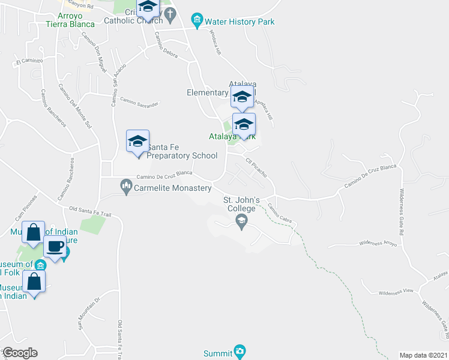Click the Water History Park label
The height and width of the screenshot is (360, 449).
point(240,22)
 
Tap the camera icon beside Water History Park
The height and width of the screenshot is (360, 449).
point(196,19)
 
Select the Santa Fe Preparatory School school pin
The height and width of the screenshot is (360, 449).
point(137,143)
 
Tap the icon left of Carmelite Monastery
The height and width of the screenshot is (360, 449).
point(126,187)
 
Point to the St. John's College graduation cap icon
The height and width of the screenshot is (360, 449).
point(241,223)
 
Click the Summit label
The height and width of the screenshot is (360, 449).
point(217,350)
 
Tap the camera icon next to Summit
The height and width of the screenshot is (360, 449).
point(240,350)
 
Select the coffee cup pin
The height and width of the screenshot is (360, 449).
point(55,247)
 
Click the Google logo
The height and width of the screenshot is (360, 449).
point(20,353)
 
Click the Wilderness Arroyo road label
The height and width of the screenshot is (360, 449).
point(378,243)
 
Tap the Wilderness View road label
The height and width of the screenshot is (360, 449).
point(396,292)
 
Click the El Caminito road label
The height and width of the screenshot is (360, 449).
point(29,61)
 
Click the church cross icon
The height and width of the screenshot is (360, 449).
point(170,13)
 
